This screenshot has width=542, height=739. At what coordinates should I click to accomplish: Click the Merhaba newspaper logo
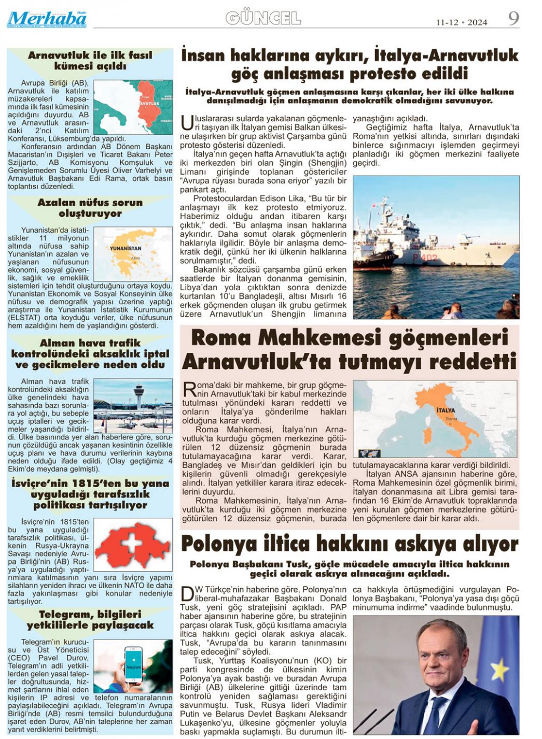click(x=47, y=19)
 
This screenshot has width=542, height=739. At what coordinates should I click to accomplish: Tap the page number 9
click(x=513, y=19)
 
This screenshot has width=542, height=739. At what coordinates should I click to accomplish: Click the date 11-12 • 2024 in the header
click(x=461, y=22)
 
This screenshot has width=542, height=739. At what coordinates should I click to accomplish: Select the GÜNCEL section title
click(x=263, y=19)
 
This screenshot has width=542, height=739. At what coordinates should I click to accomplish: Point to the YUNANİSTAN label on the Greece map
click(x=126, y=248)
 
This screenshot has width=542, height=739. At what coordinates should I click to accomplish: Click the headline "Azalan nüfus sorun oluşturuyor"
click(x=90, y=208)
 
